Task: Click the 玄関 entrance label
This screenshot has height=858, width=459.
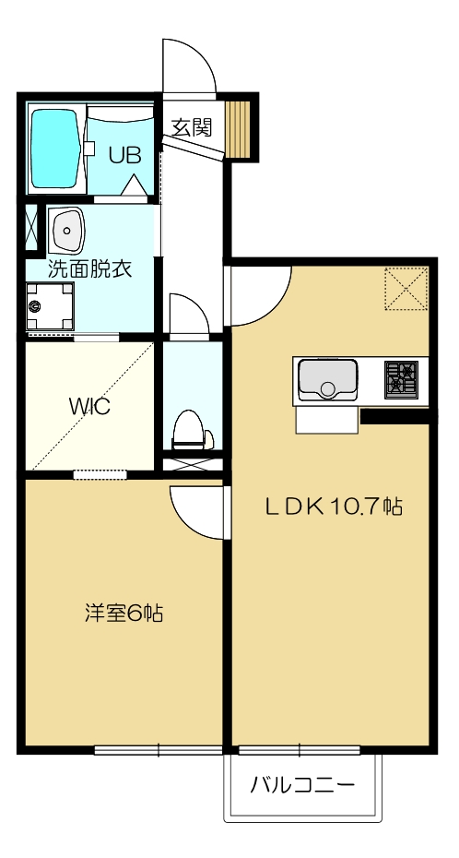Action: [192, 127]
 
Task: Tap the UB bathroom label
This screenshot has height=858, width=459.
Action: [125, 155]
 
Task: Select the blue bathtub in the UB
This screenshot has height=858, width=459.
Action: [54, 149]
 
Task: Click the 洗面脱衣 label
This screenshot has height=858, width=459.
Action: [88, 270]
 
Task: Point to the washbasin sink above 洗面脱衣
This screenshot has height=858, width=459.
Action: [66, 231]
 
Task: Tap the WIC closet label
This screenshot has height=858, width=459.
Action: [89, 407]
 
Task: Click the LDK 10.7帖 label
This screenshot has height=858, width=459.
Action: [333, 506]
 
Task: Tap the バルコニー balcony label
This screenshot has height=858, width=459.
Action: [302, 786]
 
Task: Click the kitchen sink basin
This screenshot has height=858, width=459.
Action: [326, 379]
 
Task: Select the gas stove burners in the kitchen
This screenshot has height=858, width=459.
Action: [401, 379]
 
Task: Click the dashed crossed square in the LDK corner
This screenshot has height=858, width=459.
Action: [406, 289]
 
